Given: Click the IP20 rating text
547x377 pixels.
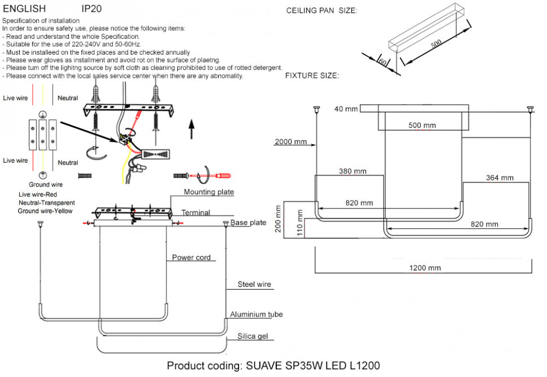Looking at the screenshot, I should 92,10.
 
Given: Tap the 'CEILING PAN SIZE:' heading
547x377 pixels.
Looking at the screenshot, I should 321,11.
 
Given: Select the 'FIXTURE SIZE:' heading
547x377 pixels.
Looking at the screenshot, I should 312,76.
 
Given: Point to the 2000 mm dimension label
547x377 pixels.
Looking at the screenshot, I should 291,141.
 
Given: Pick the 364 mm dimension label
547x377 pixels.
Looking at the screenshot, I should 500,178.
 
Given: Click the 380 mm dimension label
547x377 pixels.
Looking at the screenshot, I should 352,171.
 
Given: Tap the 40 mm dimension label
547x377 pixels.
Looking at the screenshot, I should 346,109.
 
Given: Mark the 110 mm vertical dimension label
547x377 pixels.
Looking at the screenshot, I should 300,223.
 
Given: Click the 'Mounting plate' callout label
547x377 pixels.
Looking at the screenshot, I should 209,192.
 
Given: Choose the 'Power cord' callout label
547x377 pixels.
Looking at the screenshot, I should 191,258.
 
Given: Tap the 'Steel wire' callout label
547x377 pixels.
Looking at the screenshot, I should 254,285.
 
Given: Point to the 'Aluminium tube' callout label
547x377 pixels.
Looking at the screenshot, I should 256,314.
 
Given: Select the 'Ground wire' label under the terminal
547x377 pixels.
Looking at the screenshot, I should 46,184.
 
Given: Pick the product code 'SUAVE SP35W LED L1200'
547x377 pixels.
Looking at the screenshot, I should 313,366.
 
